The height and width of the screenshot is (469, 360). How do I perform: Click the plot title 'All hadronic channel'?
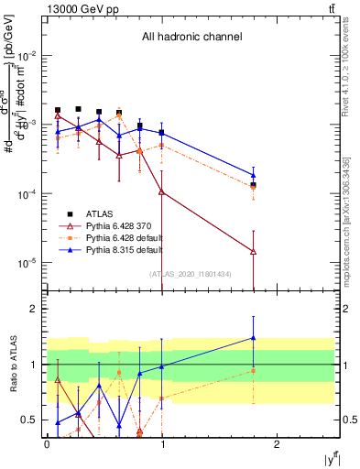[x=191, y=38]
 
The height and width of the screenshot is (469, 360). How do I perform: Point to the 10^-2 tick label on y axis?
[x=27, y=55]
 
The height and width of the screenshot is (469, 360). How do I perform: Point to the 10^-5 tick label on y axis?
[x=27, y=263]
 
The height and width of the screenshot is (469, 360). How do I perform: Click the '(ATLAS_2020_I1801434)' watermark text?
[x=190, y=274]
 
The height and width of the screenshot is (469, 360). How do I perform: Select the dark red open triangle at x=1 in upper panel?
[x=161, y=191]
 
